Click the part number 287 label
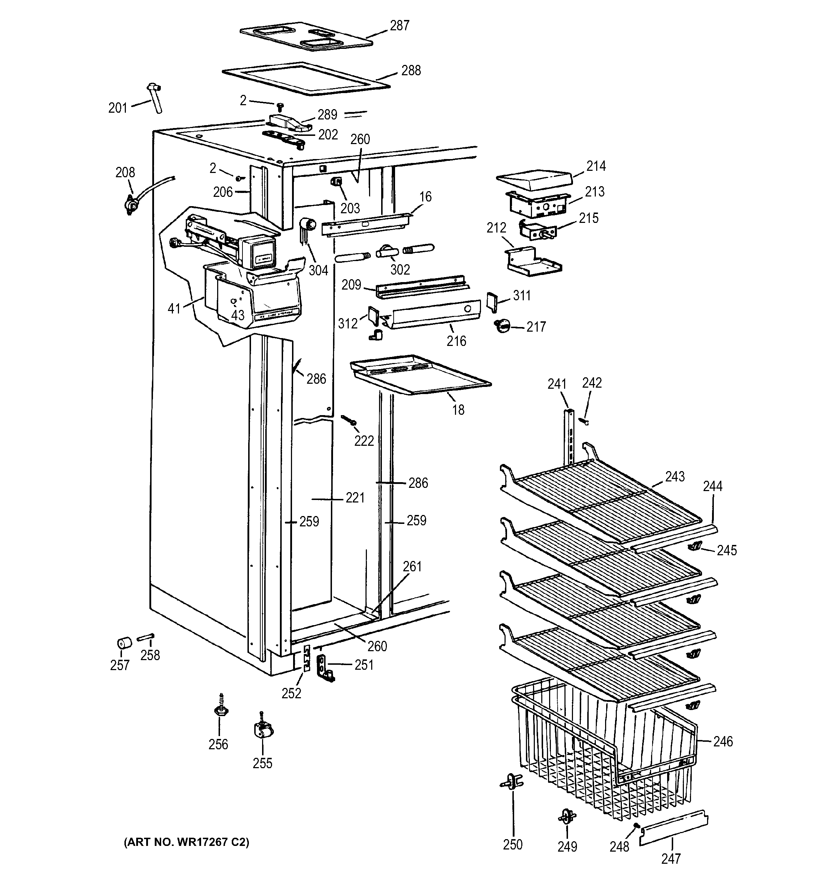(x=399, y=26)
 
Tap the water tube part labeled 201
(x=155, y=98)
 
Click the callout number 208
(x=125, y=172)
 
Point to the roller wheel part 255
(x=262, y=730)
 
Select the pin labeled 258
(x=145, y=638)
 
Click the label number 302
(x=400, y=270)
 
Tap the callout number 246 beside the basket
(x=723, y=741)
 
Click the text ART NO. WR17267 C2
(x=186, y=842)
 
